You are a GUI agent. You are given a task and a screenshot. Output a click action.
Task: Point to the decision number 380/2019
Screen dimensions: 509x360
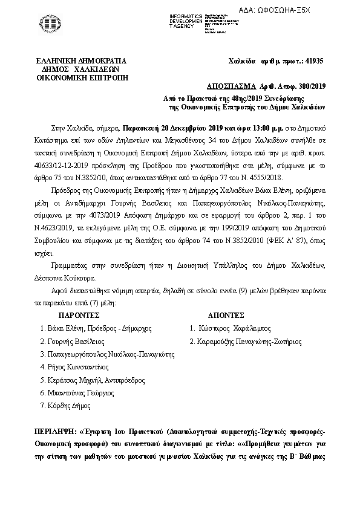(309, 86)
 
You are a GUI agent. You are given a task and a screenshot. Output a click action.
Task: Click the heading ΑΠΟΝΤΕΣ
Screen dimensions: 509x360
(226, 315)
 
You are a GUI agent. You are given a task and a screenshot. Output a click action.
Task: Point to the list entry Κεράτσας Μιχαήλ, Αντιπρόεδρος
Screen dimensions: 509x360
(96, 380)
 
